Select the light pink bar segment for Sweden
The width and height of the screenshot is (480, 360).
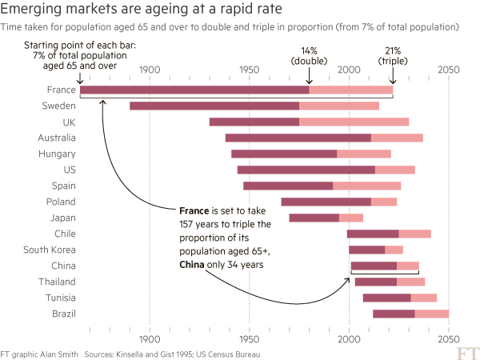pyautogui.click(x=339, y=106)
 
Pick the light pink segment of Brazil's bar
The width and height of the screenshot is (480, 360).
pyautogui.click(x=431, y=314)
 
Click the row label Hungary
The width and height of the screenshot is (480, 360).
pyautogui.click(x=58, y=154)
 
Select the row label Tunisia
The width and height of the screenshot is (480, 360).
pyautogui.click(x=58, y=298)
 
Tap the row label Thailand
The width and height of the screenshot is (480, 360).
pyautogui.click(x=57, y=282)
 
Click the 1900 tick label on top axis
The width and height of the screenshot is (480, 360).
pyautogui.click(x=150, y=70)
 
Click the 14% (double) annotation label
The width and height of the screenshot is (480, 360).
pyautogui.click(x=309, y=55)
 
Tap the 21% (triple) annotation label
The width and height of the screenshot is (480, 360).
pyautogui.click(x=393, y=55)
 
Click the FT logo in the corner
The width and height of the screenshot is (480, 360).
pyautogui.click(x=466, y=351)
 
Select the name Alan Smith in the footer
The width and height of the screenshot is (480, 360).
pyautogui.click(x=61, y=353)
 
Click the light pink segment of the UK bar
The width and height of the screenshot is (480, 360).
pyautogui.click(x=354, y=122)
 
